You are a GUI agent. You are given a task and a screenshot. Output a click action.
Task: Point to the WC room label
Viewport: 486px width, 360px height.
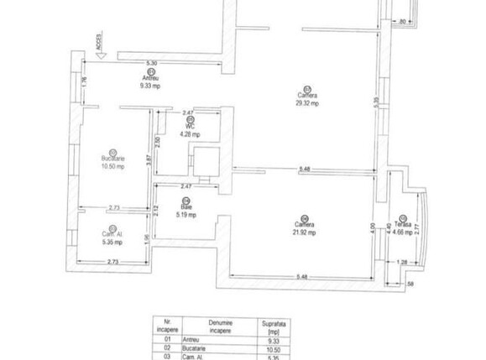(191, 126)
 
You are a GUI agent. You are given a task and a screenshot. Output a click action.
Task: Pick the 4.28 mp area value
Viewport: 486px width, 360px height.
(191, 133)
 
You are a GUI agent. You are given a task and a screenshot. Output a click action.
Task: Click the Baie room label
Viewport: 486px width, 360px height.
(186, 207)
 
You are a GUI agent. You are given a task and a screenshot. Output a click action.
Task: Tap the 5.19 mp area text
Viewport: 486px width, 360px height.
(186, 214)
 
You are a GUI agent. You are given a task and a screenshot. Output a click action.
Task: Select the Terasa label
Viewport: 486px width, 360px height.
(405, 222)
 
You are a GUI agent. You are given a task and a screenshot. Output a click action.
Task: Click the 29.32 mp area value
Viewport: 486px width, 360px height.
(306, 105)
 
